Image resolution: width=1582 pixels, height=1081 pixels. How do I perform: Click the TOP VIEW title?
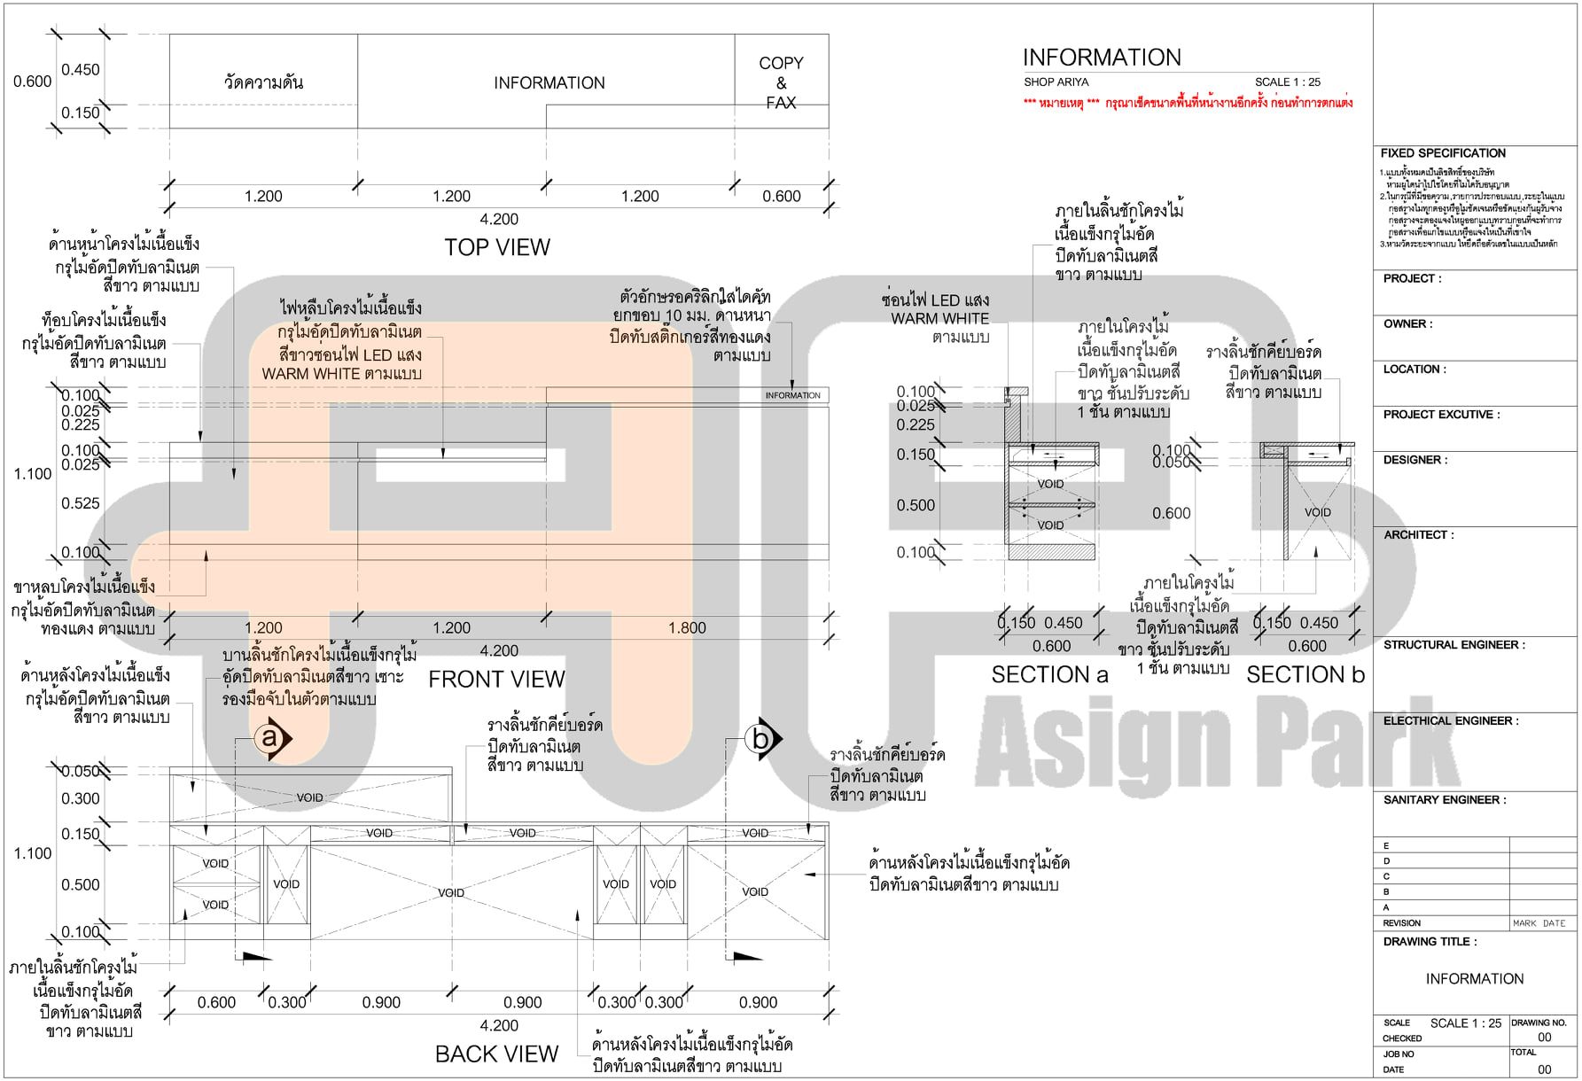point(496,247)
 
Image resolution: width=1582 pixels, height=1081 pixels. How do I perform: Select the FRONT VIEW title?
point(496,680)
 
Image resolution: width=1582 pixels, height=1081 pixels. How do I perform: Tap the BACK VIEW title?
point(496,1054)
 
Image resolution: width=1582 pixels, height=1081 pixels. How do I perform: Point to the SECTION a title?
point(1049,675)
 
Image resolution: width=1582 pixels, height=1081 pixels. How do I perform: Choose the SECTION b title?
point(1305,675)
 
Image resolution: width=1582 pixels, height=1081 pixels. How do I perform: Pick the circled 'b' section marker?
point(760,738)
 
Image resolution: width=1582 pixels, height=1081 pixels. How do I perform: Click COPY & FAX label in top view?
point(781,82)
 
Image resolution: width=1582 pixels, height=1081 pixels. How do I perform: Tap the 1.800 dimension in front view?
point(687,628)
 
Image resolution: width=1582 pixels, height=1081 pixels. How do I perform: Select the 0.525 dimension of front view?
point(81,503)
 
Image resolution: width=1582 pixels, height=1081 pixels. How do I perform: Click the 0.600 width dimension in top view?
point(781,197)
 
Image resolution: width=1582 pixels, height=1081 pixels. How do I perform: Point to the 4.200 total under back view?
point(499,1025)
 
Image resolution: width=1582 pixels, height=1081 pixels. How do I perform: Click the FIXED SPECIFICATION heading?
point(1443,153)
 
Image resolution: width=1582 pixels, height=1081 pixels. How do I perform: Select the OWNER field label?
point(1407,324)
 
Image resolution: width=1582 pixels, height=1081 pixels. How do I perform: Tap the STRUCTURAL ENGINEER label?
point(1453,645)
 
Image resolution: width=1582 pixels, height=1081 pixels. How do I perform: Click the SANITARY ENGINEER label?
point(1444,800)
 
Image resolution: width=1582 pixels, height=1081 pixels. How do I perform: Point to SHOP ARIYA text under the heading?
point(1056,82)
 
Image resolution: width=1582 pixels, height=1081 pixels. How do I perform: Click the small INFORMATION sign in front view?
point(792,395)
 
